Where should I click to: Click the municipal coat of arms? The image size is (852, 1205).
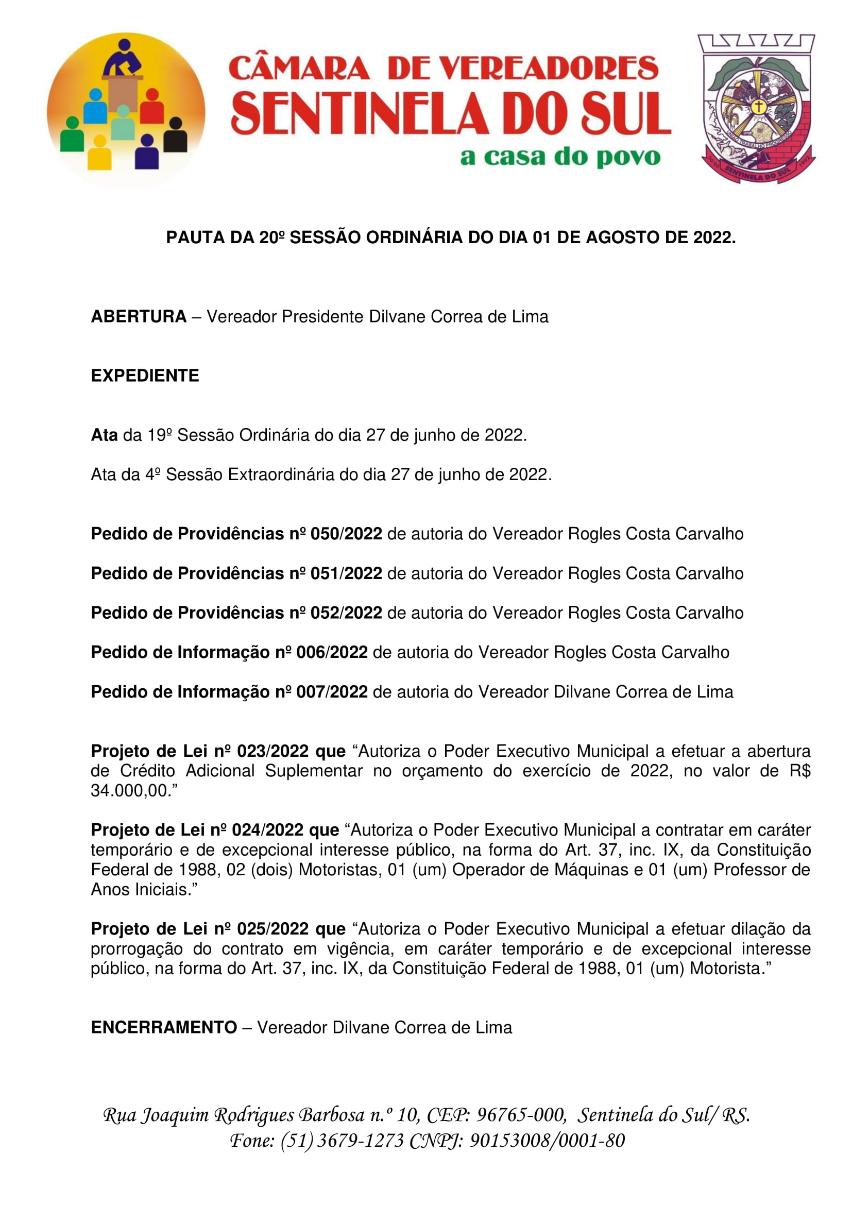pos(756,109)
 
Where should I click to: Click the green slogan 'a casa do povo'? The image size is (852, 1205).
pos(560,157)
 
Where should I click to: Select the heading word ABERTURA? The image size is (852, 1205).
pos(139,316)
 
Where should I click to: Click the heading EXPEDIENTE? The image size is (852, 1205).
pos(145,376)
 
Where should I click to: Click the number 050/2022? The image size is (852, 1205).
pos(346,534)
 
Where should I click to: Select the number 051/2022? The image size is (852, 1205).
pos(346,573)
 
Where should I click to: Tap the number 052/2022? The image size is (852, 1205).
pos(346,613)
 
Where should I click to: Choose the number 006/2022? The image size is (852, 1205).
pos(332,652)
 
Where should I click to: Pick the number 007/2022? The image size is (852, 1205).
pos(332,692)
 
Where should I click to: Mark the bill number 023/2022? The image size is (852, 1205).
pos(273,751)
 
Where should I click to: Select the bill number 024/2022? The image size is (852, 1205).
pos(267,830)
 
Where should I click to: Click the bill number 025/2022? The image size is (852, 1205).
pos(273,929)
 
